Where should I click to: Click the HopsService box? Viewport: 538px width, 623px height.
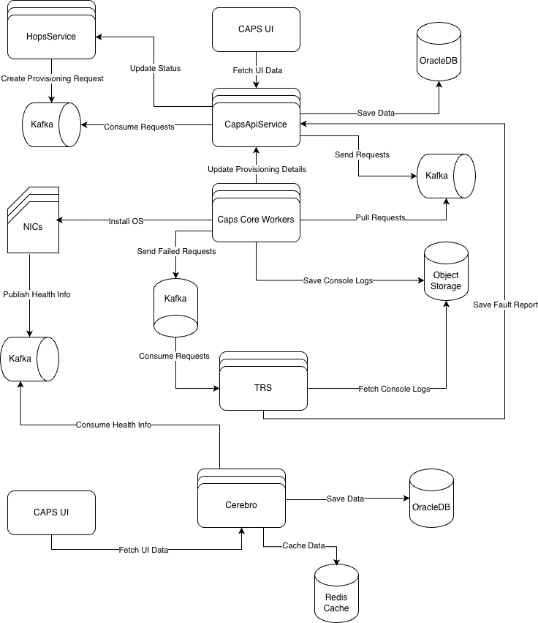51,37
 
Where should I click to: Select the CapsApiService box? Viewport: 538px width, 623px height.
256,124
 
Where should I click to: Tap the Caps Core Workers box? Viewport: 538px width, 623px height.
256,219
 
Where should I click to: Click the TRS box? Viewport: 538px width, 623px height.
263,388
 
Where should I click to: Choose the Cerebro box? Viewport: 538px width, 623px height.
241,504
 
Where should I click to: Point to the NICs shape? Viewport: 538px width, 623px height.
33,226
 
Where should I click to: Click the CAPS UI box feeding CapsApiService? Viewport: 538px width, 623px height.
256,29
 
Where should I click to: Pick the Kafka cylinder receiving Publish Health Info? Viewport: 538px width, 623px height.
29,359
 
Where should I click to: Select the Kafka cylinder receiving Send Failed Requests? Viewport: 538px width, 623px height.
175,299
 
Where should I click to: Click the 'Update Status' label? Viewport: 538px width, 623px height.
155,68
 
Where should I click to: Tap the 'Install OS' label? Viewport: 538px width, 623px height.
126,221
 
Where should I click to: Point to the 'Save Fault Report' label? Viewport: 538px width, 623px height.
505,305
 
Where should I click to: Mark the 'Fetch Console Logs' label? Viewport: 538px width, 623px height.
394,389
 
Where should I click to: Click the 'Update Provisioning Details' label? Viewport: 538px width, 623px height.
257,169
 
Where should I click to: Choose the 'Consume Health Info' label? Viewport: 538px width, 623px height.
113,425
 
